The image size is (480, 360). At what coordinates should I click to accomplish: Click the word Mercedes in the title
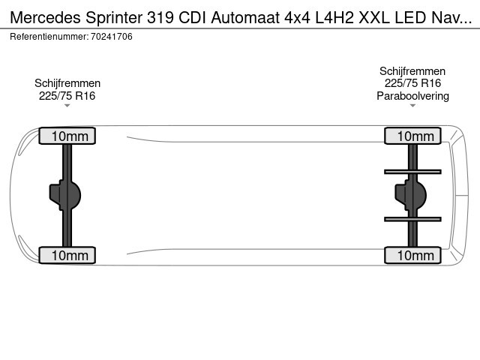pos(46,17)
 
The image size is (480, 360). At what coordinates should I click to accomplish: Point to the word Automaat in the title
pos(245,17)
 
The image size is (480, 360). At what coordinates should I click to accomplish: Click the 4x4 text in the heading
pos(297,18)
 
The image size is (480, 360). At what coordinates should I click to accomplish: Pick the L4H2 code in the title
pos(334,17)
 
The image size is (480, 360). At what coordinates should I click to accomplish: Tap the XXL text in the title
pos(374,17)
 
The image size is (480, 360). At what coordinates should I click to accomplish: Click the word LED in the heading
pos(410,17)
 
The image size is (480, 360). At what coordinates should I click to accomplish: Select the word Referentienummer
pos(49,37)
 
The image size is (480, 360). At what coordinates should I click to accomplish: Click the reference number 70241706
pos(112,37)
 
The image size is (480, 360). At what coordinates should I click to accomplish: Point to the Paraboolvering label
pos(412,96)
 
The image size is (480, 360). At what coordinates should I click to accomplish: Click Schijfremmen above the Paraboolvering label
pos(412,71)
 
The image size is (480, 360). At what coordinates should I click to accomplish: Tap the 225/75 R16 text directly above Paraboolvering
pos(412,83)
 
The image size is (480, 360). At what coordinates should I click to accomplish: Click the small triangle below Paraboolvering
pos(412,106)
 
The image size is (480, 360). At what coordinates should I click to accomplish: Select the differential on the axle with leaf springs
pos(410,195)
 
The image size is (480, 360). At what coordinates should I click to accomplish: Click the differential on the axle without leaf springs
pos(65,195)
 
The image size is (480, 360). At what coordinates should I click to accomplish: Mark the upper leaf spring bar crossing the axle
pos(412,172)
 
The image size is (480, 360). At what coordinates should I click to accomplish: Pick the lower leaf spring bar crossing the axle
pos(412,219)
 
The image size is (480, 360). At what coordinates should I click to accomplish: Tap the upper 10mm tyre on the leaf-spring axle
pos(412,136)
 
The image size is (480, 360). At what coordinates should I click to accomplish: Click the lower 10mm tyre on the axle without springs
pos(67,255)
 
